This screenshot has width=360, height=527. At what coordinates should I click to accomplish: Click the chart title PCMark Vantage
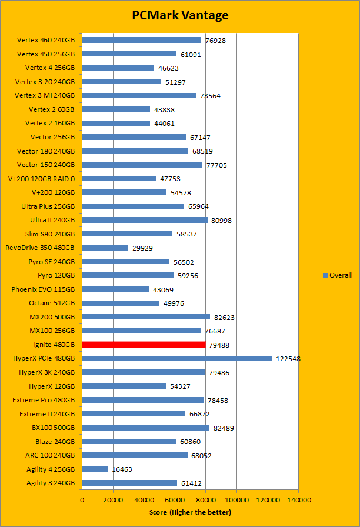pyautogui.click(x=180, y=15)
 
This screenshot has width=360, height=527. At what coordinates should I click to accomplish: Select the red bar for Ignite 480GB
pyautogui.click(x=144, y=345)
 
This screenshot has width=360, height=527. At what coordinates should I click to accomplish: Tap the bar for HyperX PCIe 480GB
pyautogui.click(x=176, y=358)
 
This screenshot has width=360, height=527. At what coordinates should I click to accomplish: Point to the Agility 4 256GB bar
pyautogui.click(x=95, y=469)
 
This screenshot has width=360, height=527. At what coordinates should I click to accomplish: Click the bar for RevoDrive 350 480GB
pyautogui.click(x=105, y=248)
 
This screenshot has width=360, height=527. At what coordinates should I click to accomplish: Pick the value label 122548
pyautogui.click(x=288, y=358)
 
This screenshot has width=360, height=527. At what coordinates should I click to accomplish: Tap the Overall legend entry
pyautogui.click(x=338, y=275)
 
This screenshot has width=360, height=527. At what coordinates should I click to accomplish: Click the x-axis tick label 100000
pyautogui.click(x=236, y=499)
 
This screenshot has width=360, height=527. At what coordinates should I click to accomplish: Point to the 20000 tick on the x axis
pyautogui.click(x=113, y=499)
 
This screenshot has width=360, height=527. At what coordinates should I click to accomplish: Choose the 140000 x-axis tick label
pyautogui.click(x=298, y=499)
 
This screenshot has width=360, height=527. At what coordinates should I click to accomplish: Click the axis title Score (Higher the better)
pyautogui.click(x=190, y=513)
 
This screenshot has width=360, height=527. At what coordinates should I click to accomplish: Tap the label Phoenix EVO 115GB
pyautogui.click(x=43, y=289)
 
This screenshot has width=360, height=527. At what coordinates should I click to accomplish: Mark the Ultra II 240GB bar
pyautogui.click(x=145, y=220)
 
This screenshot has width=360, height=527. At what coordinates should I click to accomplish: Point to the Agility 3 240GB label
pyautogui.click(x=51, y=483)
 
